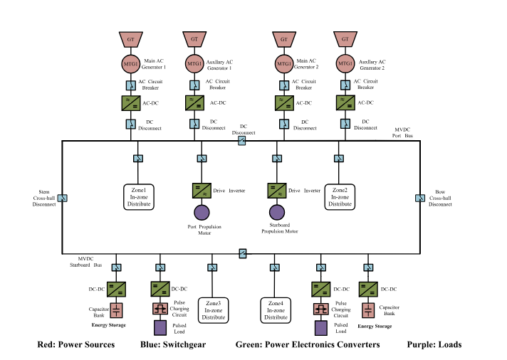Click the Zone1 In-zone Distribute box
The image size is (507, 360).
click(x=139, y=197)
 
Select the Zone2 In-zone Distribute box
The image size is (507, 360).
click(x=340, y=197)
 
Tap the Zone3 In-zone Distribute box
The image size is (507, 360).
click(x=214, y=310)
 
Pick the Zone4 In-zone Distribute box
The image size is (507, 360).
click(x=276, y=310)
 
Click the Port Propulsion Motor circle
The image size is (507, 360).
click(x=202, y=212)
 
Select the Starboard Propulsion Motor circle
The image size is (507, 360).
click(x=277, y=212)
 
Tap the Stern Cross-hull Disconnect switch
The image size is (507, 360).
click(x=62, y=198)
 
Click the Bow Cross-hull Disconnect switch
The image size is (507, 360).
click(x=420, y=198)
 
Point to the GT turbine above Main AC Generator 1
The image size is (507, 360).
click(x=130, y=39)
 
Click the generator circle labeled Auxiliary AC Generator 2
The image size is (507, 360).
click(x=345, y=63)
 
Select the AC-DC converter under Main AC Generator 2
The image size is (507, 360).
click(x=284, y=103)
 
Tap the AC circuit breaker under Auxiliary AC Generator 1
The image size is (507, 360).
click(x=194, y=85)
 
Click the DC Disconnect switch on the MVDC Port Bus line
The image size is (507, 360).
click(x=242, y=141)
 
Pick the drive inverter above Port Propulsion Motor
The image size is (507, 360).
click(x=202, y=191)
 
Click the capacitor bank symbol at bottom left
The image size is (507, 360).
click(x=116, y=311)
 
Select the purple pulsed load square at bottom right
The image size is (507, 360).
click(x=321, y=328)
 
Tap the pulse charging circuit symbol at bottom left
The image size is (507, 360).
click(x=160, y=309)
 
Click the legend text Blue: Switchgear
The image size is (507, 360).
click(x=173, y=345)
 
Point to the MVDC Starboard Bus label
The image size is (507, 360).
click(x=85, y=262)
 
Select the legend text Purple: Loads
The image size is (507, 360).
click(x=434, y=345)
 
